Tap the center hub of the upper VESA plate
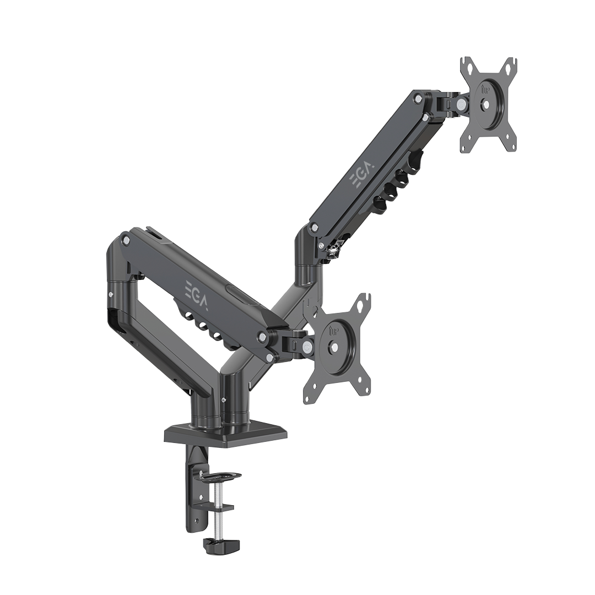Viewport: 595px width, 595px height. pos(485,104)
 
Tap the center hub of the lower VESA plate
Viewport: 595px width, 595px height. pos(334,348)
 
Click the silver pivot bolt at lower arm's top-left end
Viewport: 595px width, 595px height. pos(126,240)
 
